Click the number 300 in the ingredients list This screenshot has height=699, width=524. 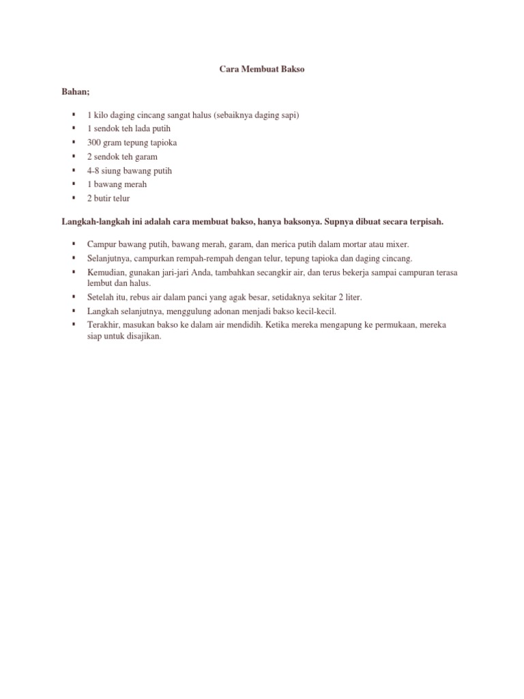click(x=93, y=143)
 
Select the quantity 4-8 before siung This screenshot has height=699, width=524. click(x=93, y=171)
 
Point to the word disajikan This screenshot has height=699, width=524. click(x=143, y=336)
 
